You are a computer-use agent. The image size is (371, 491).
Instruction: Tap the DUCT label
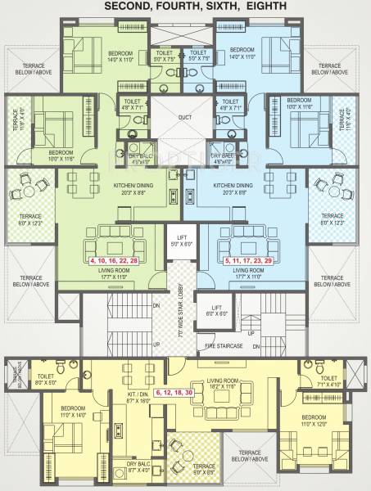pyautogui.click(x=185, y=115)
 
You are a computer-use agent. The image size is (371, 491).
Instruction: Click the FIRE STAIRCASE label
pyautogui.click(x=225, y=346)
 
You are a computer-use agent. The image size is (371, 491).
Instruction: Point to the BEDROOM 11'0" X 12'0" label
pyautogui.click(x=301, y=424)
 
